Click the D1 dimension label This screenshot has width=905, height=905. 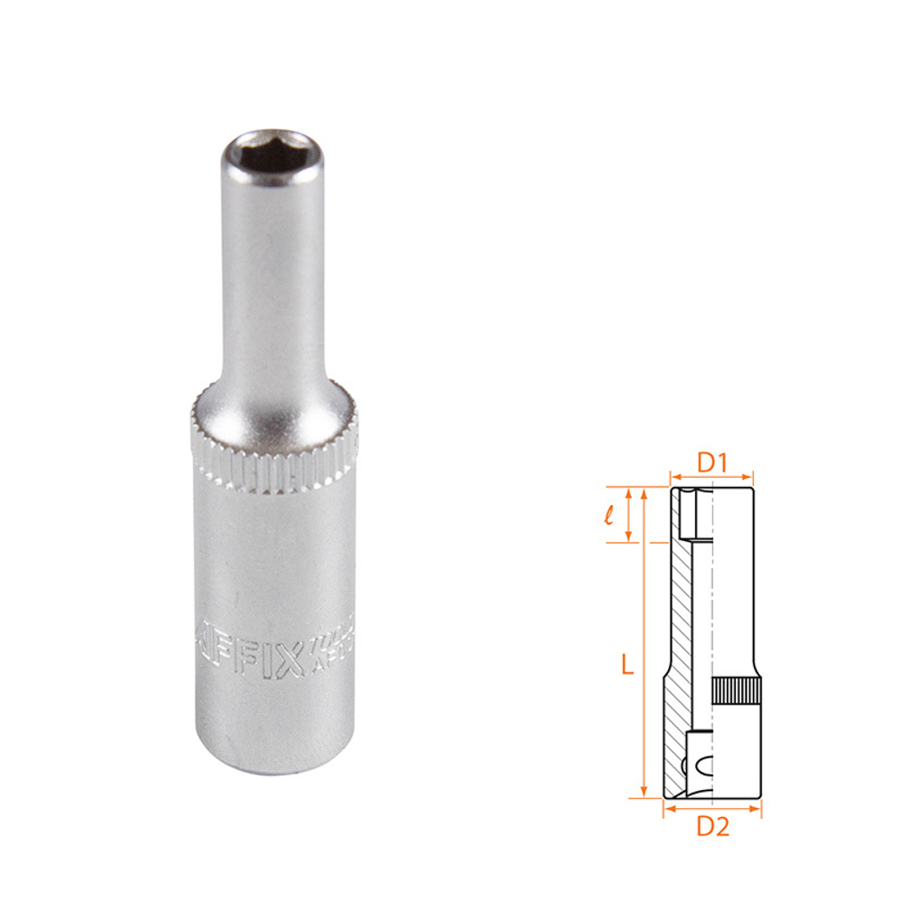tap(712, 462)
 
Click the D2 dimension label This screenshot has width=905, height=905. tap(712, 825)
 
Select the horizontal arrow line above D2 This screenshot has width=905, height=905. tap(712, 807)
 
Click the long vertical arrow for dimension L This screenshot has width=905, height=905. tap(643, 643)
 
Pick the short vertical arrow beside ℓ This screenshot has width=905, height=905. tap(630, 515)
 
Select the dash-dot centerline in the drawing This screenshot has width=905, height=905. tap(712, 615)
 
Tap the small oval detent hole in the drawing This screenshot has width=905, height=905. tap(709, 767)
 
